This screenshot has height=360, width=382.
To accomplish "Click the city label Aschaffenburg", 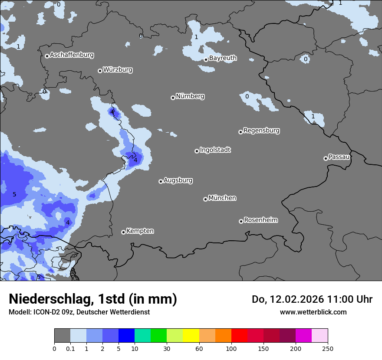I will pyautogui.click(x=72, y=55).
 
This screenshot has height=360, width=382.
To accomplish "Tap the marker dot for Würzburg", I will pyautogui.click(x=100, y=71).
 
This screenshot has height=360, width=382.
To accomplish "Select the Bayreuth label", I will pyautogui.click(x=223, y=58).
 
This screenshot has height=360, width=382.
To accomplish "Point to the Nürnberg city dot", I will pyautogui.click(x=173, y=98).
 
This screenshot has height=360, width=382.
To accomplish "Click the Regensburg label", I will pyautogui.click(x=261, y=130).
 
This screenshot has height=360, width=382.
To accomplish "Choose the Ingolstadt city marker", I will pyautogui.click(x=197, y=151).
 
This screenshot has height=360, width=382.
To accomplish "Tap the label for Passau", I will pyautogui.click(x=339, y=157).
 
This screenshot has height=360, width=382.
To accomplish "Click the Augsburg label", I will pyautogui.click(x=178, y=180).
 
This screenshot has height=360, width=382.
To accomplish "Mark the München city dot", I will pyautogui.click(x=205, y=199).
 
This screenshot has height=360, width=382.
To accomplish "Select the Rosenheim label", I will pyautogui.click(x=260, y=220).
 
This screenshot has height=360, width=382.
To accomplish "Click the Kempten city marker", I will pyautogui.click(x=123, y=232).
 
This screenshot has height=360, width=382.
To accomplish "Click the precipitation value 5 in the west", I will pyautogui.click(x=14, y=194).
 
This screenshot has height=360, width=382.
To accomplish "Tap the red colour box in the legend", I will pyautogui.click(x=239, y=336).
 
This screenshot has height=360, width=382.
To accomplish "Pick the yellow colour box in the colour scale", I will pyautogui.click(x=191, y=336).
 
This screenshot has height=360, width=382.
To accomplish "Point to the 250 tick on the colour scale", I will pyautogui.click(x=328, y=348).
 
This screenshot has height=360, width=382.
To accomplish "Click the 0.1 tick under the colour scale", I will pyautogui.click(x=70, y=348).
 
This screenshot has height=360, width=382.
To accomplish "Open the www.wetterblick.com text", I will pyautogui.click(x=313, y=312).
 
